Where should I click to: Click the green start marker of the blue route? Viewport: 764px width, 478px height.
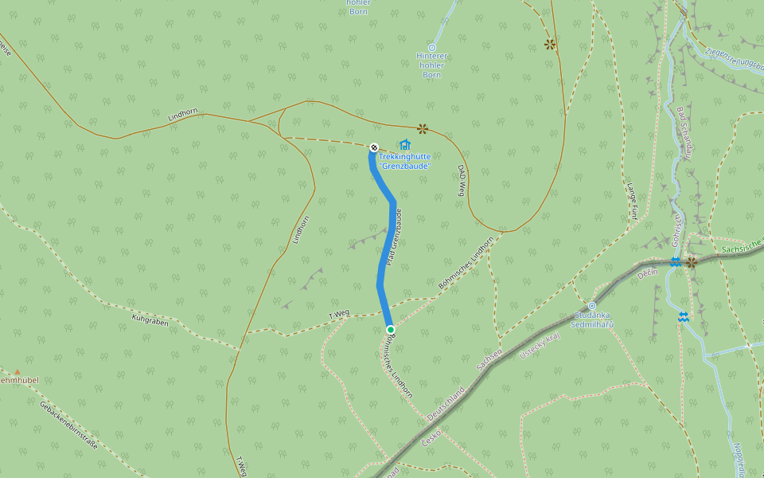pyautogui.click(x=390, y=329)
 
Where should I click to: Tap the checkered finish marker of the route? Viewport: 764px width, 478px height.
pyautogui.click(x=374, y=147)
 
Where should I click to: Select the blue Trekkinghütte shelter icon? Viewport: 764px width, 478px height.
pyautogui.click(x=405, y=144)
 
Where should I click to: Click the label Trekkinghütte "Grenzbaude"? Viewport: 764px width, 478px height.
pyautogui.click(x=404, y=161)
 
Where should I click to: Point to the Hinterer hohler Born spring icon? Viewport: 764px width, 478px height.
pyautogui.click(x=432, y=48)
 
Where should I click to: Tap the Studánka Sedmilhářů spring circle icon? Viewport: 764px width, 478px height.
pyautogui.click(x=591, y=306)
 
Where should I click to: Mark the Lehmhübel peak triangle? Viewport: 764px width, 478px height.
pyautogui.click(x=17, y=371)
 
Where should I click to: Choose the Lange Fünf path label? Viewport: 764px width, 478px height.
pyautogui.click(x=633, y=200)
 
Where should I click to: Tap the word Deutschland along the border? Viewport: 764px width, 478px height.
pyautogui.click(x=446, y=405)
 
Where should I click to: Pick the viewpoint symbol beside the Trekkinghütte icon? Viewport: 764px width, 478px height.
pyautogui.click(x=422, y=127)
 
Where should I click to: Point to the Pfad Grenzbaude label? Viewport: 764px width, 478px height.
pyautogui.click(x=393, y=238)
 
